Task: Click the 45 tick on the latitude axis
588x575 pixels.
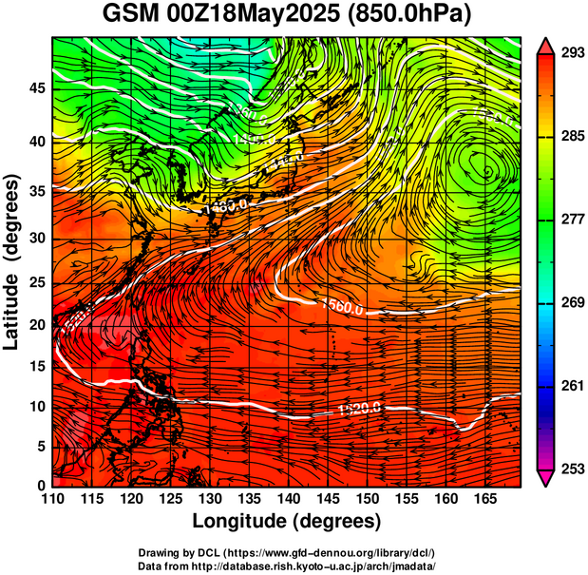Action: coord(36,87)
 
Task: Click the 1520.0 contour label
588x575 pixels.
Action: coord(359,410)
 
